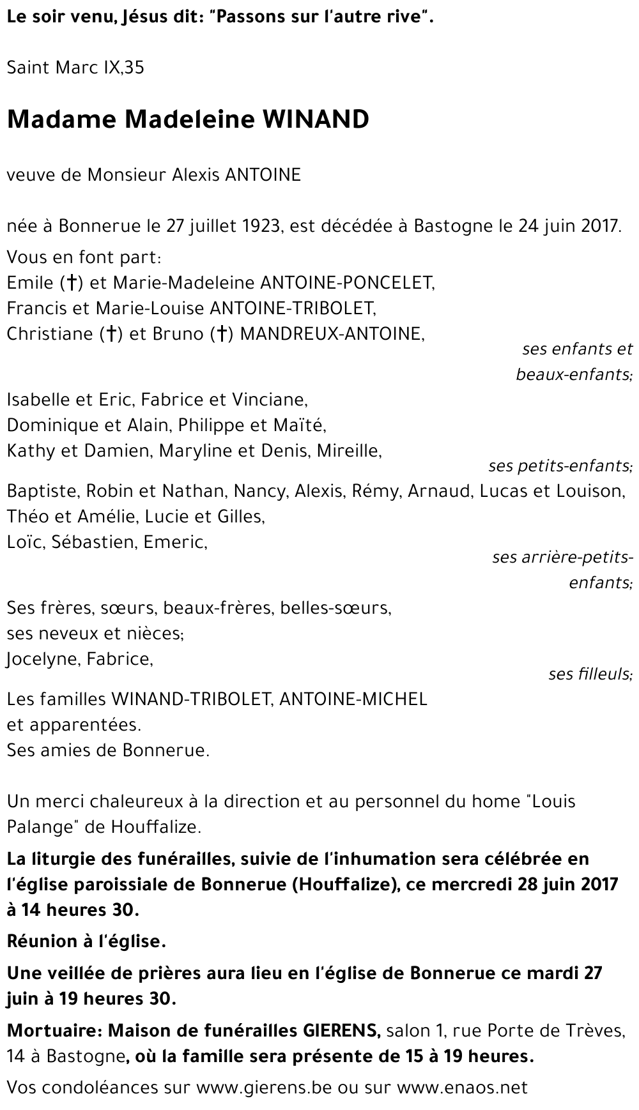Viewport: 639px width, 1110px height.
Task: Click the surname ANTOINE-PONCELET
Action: tap(344, 282)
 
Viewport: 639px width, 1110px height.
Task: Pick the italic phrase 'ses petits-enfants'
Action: tap(560, 466)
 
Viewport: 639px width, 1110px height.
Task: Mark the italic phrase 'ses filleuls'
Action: tap(590, 674)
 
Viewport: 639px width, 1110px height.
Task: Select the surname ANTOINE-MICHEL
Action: tap(353, 699)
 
